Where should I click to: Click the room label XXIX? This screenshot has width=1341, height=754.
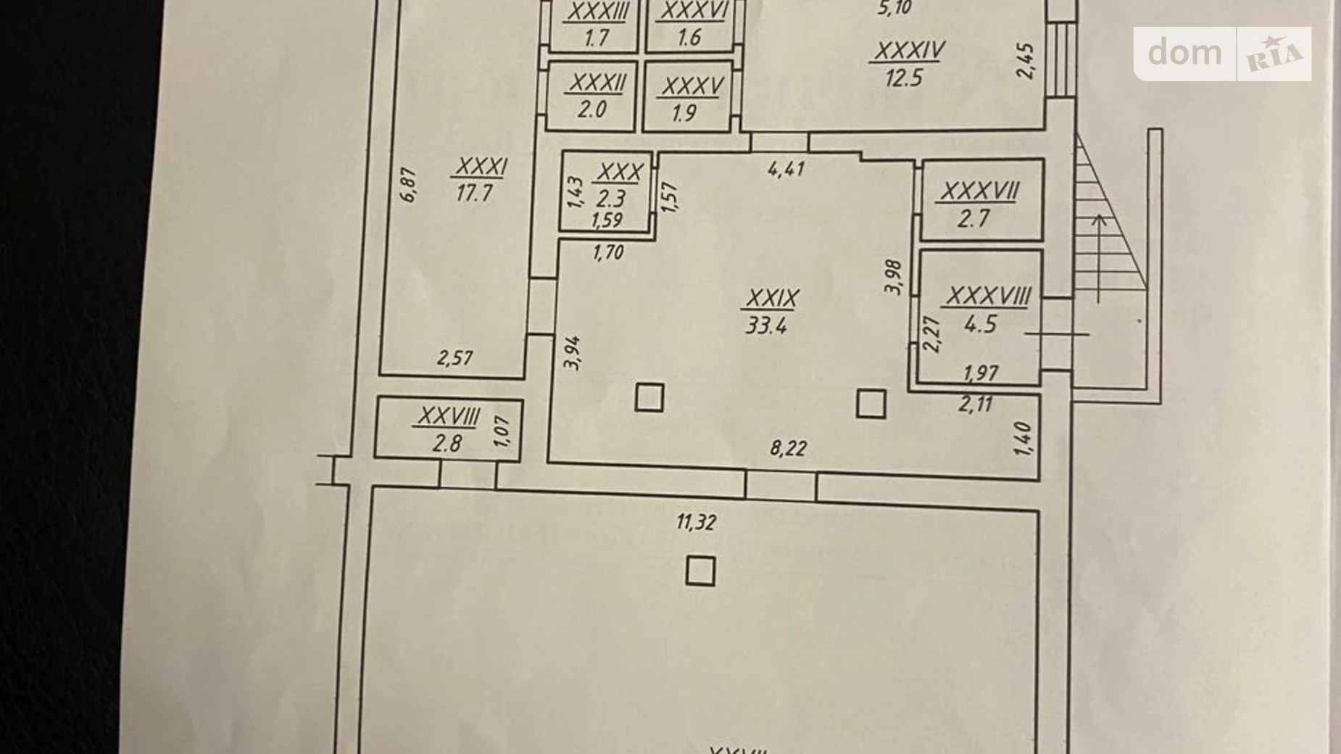tap(772, 298)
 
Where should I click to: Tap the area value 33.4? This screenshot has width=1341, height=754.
tap(766, 326)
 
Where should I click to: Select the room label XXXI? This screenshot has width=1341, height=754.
tap(481, 167)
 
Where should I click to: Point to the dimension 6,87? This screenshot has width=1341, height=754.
tap(408, 185)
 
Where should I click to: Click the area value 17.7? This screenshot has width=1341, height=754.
tap(475, 194)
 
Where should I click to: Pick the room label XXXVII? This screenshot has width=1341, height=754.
tap(980, 191)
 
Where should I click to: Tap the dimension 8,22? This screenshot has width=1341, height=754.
tap(788, 449)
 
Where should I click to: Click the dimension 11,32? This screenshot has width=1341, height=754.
tap(696, 522)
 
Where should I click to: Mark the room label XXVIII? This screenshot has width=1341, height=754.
tap(449, 417)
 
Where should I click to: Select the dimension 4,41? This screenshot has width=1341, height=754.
tap(786, 169)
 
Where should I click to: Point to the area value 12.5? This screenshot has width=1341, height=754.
tap(903, 78)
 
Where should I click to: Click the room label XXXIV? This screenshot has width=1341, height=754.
tap(909, 51)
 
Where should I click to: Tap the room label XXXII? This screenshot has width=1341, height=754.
tap(597, 83)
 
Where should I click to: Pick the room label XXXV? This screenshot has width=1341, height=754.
tap(692, 87)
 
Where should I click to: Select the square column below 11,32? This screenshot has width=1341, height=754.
tap(699, 571)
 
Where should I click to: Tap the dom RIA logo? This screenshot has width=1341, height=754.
tap(1222, 54)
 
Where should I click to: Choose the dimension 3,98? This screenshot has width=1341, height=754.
tap(893, 277)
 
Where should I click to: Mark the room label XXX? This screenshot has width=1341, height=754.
tap(619, 173)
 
